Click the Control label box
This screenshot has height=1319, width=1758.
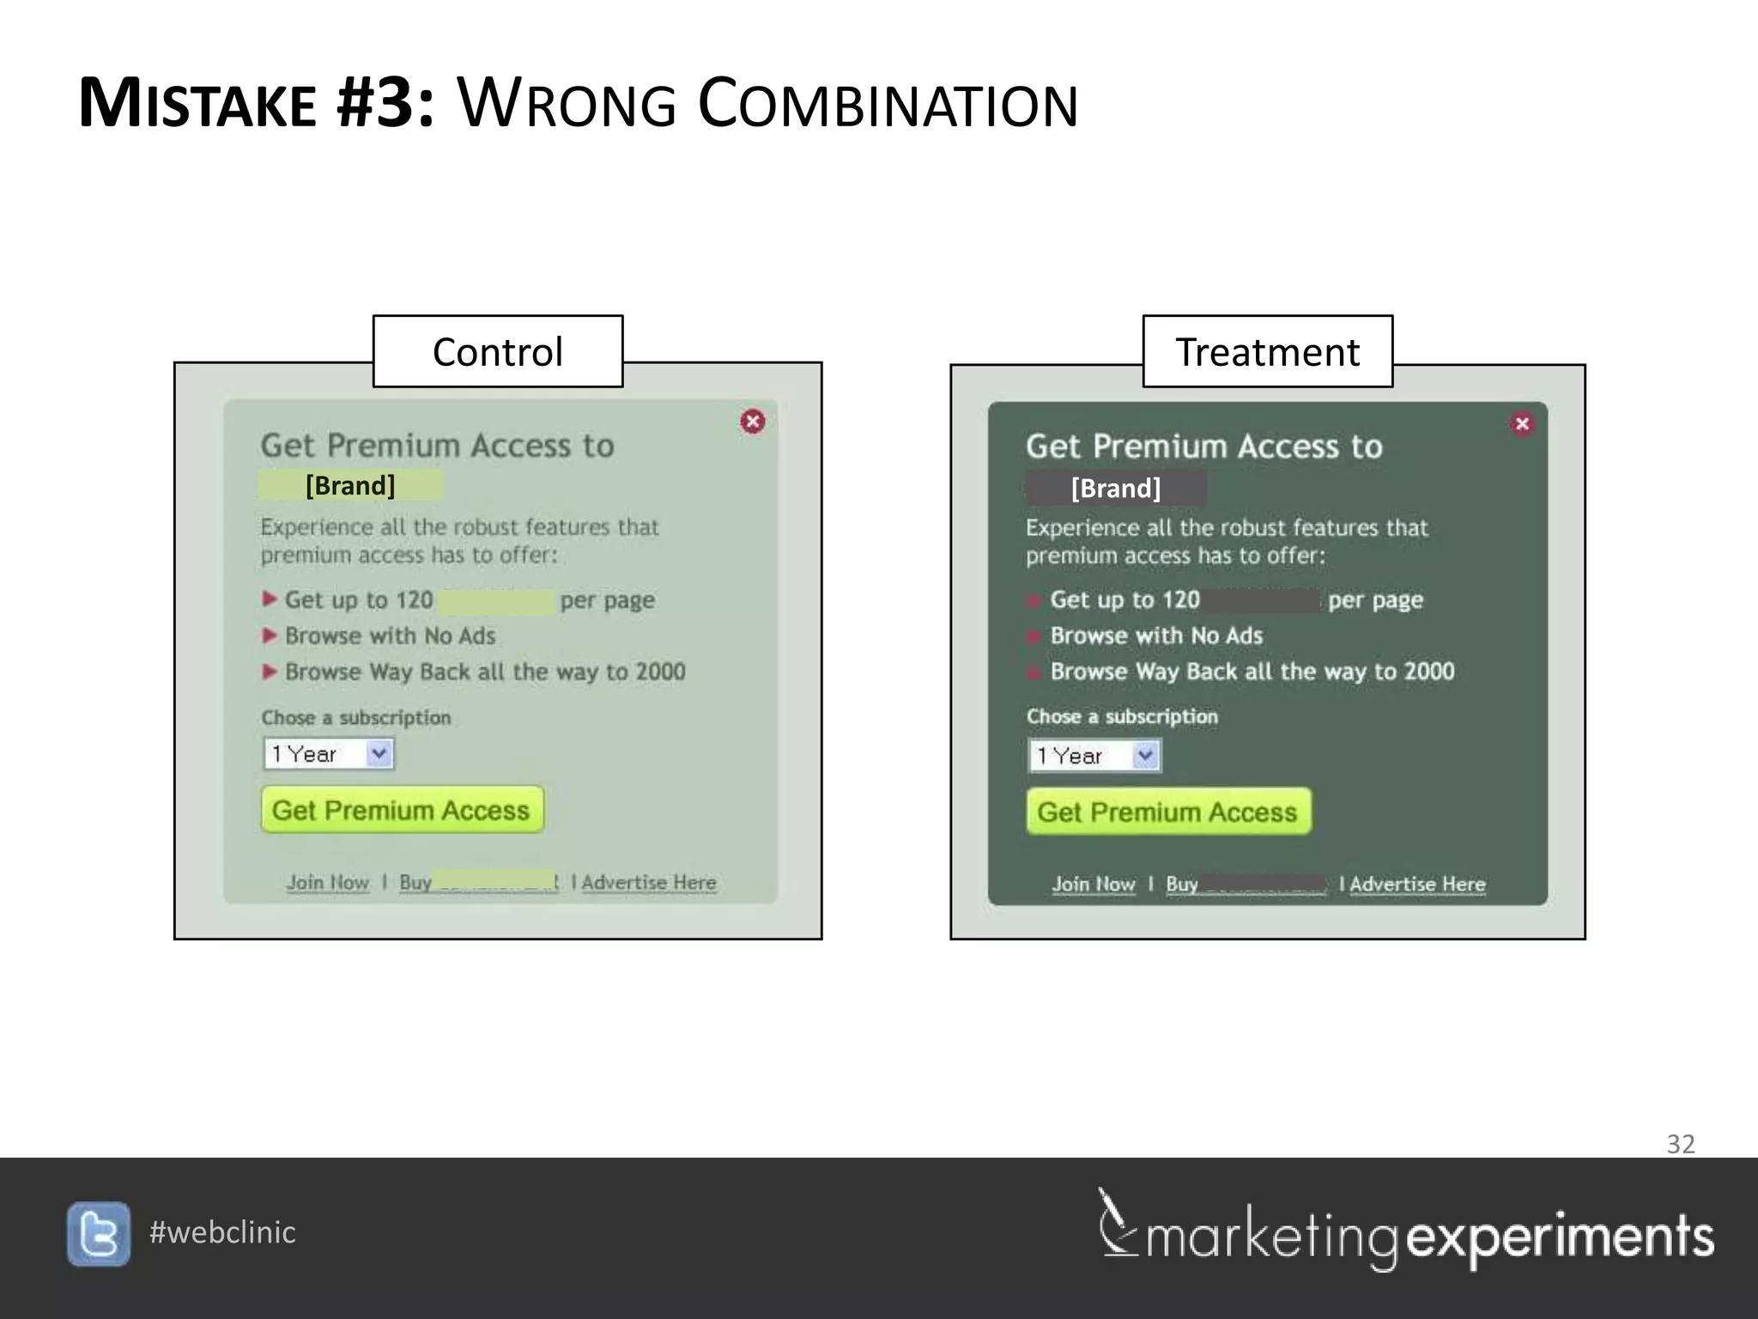click(498, 352)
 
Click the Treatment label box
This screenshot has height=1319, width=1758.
click(1267, 352)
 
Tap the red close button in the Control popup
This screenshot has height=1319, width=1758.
click(753, 422)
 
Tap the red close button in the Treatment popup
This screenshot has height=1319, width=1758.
click(1522, 423)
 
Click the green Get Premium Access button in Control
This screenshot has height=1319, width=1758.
click(402, 810)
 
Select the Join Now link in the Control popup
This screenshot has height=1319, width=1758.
click(328, 883)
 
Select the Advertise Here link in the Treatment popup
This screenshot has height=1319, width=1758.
click(1417, 884)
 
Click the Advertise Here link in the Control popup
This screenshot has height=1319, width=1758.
click(649, 883)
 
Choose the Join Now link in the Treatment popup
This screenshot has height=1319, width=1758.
click(1094, 884)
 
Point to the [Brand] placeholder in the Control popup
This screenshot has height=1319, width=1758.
click(350, 486)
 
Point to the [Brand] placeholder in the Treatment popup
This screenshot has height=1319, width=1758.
click(1116, 489)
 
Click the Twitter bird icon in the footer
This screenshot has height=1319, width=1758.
click(99, 1234)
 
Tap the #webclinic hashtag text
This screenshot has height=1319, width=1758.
click(222, 1232)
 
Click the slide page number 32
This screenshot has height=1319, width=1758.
click(1680, 1144)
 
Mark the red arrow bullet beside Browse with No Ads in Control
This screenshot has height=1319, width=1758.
click(270, 635)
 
